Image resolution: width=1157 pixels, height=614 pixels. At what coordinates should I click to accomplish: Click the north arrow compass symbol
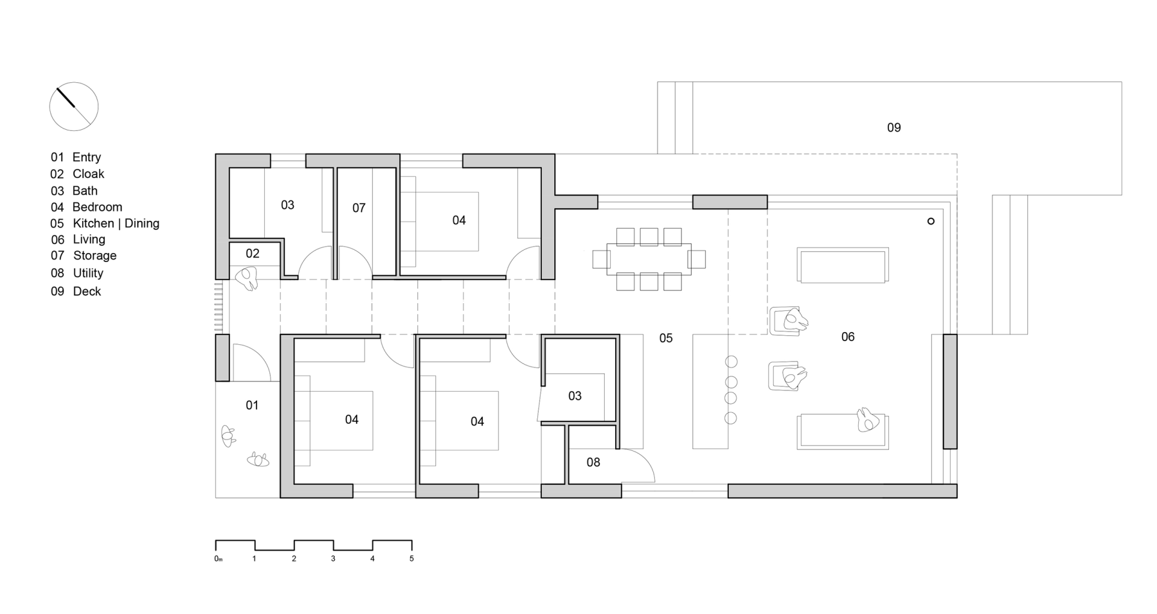[x=74, y=107]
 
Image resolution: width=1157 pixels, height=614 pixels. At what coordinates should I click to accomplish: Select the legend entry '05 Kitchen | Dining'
[x=105, y=224]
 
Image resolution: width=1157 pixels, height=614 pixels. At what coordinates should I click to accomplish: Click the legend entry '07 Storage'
[x=84, y=256]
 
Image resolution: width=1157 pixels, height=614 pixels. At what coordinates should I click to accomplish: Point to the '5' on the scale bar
[x=411, y=559]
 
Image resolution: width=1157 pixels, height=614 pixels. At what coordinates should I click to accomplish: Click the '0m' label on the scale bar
[x=218, y=559]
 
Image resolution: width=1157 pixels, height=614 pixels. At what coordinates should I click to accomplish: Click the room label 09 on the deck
[x=893, y=128]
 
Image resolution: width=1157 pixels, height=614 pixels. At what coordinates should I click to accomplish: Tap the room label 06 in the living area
[x=847, y=337]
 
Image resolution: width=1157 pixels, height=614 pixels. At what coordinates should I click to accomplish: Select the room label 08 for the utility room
[x=593, y=462]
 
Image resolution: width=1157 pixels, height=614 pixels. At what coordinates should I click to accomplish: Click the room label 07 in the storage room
[x=359, y=208]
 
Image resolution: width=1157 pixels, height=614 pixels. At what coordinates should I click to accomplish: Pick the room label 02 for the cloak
[x=252, y=254]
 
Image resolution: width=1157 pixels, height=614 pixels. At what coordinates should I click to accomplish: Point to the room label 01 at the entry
[x=252, y=405]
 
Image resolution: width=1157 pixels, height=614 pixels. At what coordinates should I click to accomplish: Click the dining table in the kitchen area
[x=649, y=259]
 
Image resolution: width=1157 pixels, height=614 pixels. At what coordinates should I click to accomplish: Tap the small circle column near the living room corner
[x=930, y=222]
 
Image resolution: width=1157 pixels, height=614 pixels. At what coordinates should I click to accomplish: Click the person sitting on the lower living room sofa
[x=867, y=420]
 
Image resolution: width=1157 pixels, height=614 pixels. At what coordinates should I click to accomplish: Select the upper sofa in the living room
[x=842, y=265]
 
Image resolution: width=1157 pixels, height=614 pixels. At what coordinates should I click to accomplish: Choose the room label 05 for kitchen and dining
[x=665, y=338]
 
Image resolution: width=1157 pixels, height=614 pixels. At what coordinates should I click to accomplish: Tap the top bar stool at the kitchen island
[x=731, y=362]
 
